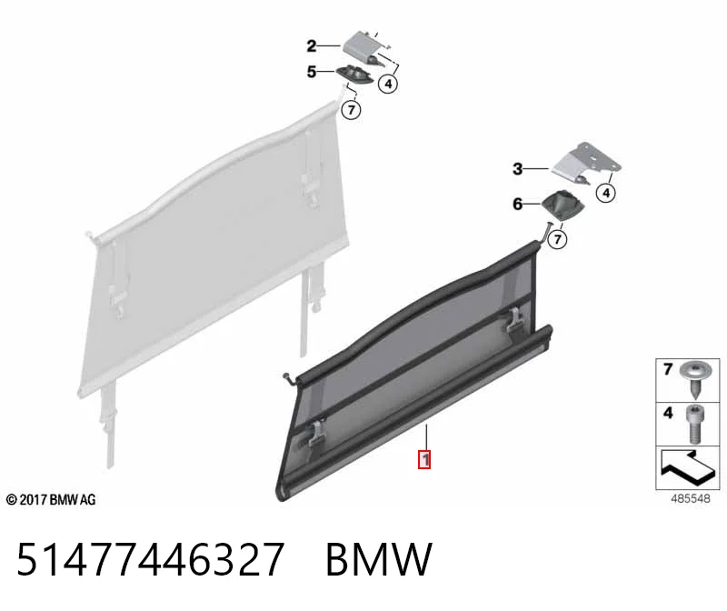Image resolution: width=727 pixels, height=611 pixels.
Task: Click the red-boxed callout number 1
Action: [x=424, y=459]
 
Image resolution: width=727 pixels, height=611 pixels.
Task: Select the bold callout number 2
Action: [x=312, y=46]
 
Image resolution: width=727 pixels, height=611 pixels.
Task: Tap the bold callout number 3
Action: [x=517, y=169]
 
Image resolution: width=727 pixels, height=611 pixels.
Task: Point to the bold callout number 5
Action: [x=312, y=72]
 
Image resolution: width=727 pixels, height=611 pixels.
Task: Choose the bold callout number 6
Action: [x=517, y=205]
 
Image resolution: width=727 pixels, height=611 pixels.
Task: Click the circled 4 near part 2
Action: [x=388, y=84]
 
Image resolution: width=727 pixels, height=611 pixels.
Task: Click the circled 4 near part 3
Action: [x=606, y=192]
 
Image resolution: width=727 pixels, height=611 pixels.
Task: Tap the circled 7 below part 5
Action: [x=351, y=110]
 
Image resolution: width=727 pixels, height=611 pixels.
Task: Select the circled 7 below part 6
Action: [x=557, y=239]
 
